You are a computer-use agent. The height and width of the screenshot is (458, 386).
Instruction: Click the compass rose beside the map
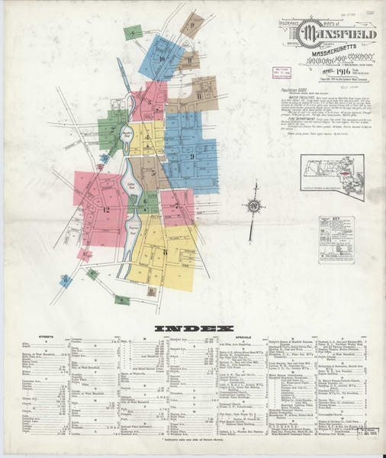(254, 206)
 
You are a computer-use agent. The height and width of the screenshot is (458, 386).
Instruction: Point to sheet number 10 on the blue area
(162, 58)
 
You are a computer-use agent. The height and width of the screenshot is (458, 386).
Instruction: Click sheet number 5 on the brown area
(153, 173)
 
